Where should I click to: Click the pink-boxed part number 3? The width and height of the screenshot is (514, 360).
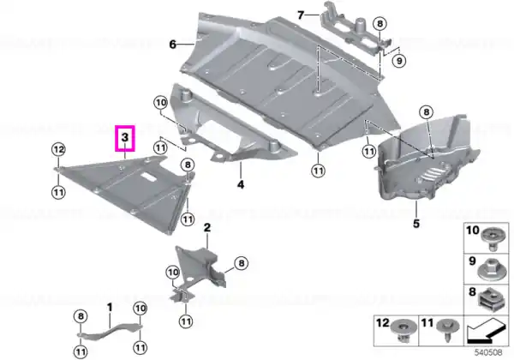(125, 137)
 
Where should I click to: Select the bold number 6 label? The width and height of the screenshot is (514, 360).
(173, 44)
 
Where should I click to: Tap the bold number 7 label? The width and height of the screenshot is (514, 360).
(301, 15)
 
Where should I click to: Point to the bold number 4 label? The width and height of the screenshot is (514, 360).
(241, 184)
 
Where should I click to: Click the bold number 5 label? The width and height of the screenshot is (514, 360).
(416, 224)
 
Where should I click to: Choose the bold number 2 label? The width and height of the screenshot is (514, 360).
(207, 227)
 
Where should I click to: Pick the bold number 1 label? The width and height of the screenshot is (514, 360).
(110, 308)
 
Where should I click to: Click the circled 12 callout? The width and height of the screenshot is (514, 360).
(58, 150)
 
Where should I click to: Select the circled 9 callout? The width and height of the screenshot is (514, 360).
(399, 61)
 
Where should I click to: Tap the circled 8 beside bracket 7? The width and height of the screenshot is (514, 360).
(380, 24)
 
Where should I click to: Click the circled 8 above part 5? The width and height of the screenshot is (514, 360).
(426, 113)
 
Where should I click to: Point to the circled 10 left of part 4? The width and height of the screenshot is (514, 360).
(161, 103)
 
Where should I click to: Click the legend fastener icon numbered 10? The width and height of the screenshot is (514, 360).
(491, 239)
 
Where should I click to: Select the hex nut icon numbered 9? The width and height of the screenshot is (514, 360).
(491, 269)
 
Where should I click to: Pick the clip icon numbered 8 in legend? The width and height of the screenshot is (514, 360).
(491, 300)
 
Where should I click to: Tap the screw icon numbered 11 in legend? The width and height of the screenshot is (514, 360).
(447, 330)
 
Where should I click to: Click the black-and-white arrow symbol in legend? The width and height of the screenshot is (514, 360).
(487, 330)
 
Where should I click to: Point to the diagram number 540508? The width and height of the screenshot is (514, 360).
(488, 353)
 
